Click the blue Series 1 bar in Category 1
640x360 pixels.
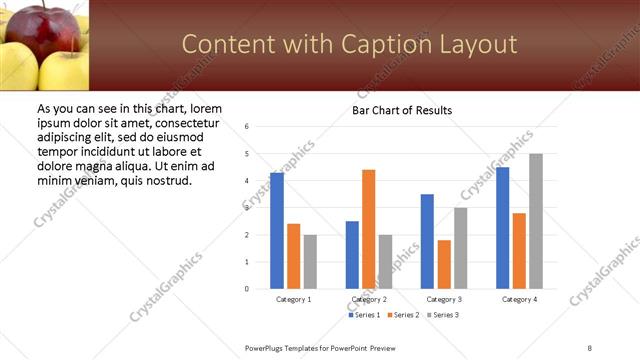(x=277, y=231)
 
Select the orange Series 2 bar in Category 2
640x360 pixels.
(x=369, y=229)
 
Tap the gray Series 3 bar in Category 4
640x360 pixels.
(x=536, y=221)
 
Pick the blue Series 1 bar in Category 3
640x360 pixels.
(x=427, y=241)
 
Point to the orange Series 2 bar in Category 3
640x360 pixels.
(x=444, y=264)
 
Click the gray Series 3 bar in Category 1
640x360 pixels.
(x=310, y=262)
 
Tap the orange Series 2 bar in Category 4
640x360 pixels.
(x=519, y=251)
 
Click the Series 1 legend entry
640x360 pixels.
(x=364, y=315)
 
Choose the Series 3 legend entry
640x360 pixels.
(x=442, y=315)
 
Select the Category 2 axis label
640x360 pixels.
(x=369, y=299)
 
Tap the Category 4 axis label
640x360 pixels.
(x=519, y=299)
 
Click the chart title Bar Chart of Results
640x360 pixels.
(x=402, y=110)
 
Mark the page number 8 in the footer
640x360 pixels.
(x=590, y=347)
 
